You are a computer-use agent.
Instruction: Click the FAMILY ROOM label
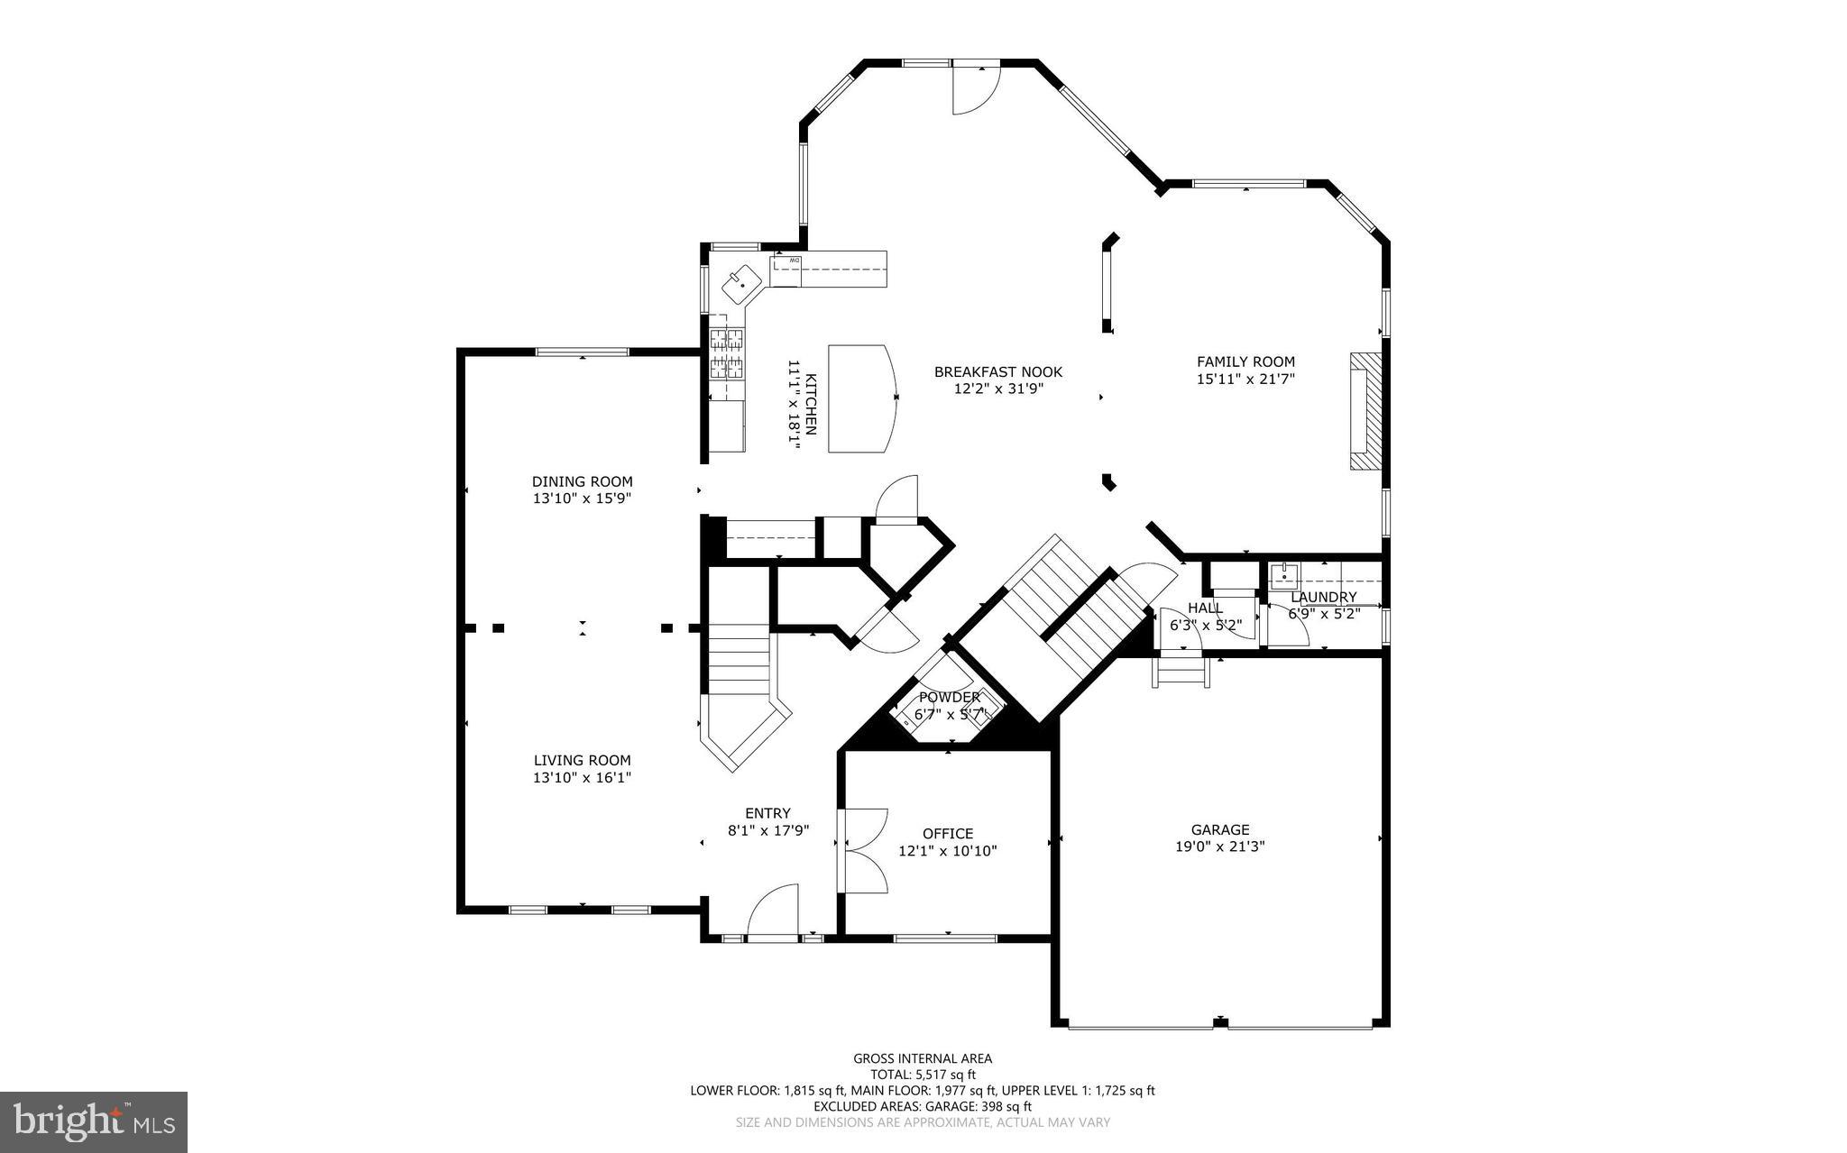point(1245,361)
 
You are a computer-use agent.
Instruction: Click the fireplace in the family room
point(1365,410)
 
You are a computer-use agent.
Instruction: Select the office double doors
point(863,849)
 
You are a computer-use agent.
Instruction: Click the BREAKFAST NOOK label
point(997,371)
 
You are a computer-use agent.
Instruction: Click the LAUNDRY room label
point(1323,597)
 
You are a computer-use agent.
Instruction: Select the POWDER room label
point(949,697)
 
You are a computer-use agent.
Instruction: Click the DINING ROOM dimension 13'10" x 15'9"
point(582,498)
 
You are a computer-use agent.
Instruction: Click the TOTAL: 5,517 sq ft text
point(923,1074)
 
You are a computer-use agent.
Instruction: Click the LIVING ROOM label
point(582,760)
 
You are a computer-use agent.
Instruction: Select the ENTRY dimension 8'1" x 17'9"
point(768,830)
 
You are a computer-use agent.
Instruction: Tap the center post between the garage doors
point(1219,1021)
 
